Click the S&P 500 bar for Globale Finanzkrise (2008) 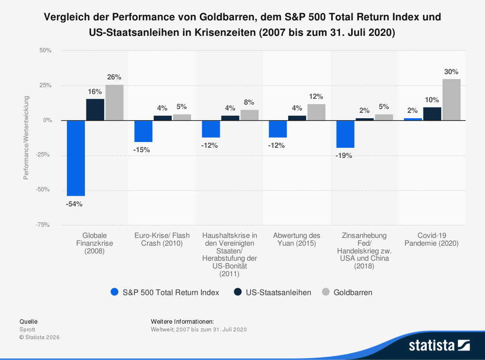click(x=76, y=158)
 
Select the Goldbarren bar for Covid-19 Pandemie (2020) click(x=452, y=100)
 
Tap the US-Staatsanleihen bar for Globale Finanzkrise click(x=95, y=110)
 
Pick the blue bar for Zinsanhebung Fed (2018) click(x=345, y=134)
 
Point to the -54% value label click(x=74, y=204)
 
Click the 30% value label click(x=451, y=72)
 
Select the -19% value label click(x=344, y=156)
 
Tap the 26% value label click(x=114, y=78)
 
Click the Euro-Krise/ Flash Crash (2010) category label click(x=162, y=239)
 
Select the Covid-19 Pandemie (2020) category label click(x=431, y=239)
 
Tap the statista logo click(x=439, y=345)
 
